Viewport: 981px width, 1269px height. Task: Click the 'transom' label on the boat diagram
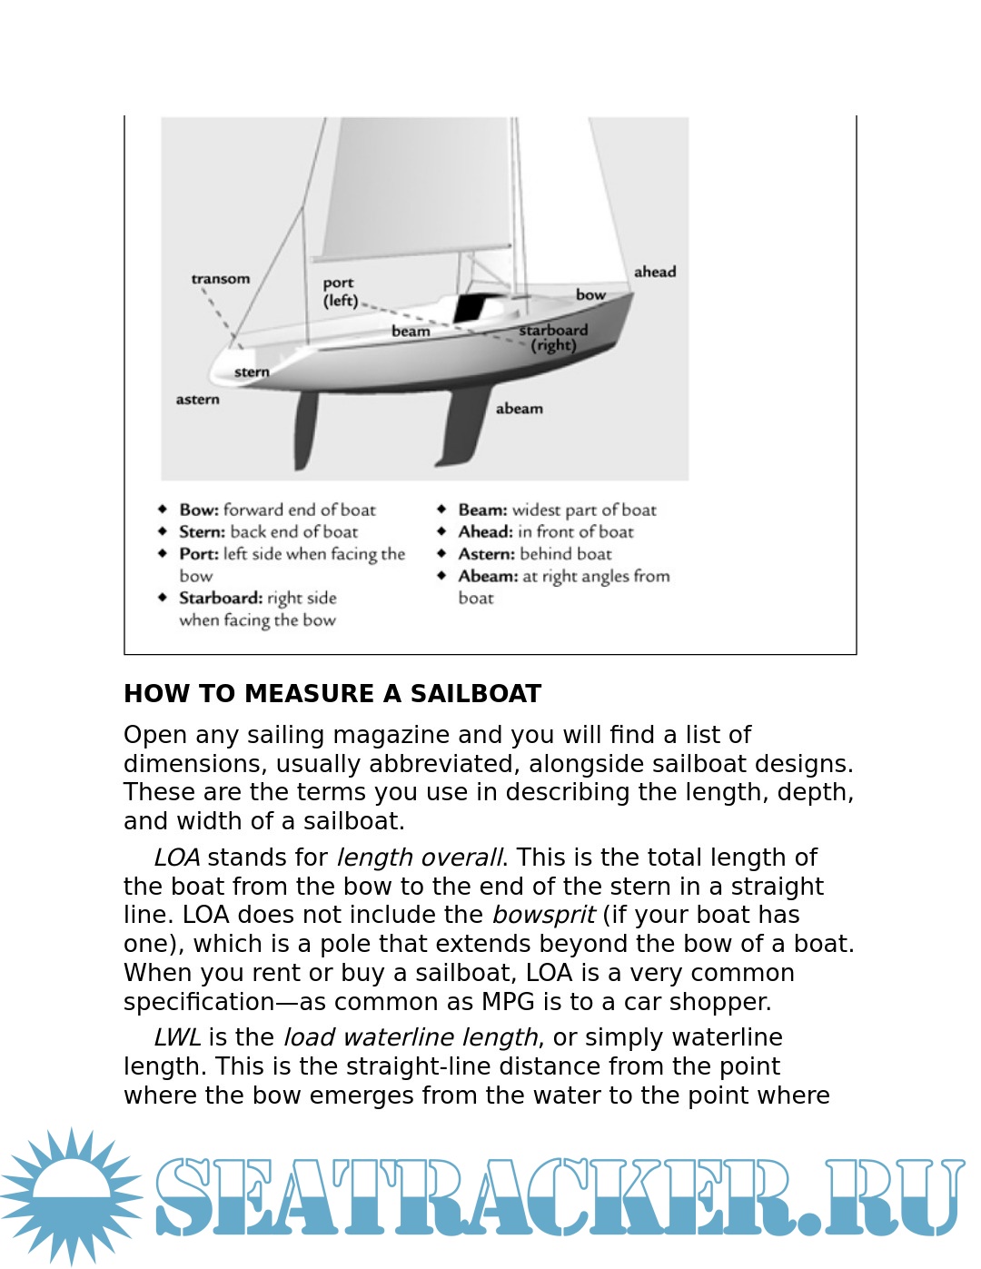[x=220, y=279]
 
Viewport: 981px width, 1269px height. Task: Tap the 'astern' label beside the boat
[x=197, y=400]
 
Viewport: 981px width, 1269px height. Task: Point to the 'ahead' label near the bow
[x=655, y=272]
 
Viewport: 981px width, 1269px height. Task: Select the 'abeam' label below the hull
[x=520, y=409]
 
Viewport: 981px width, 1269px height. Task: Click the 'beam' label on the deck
[x=411, y=332]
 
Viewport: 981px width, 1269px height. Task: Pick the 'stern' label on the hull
[x=252, y=372]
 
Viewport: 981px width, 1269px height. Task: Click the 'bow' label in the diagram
[x=590, y=294]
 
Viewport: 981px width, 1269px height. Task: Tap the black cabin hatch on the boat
[x=470, y=309]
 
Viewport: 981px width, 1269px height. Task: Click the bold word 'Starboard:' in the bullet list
[x=221, y=598]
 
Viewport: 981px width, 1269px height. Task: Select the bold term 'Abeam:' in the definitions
[x=488, y=576]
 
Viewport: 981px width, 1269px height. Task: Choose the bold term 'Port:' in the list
[x=199, y=554]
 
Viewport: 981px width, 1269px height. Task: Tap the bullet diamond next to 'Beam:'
[x=441, y=510]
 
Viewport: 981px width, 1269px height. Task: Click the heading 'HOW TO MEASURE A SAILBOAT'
[x=332, y=694]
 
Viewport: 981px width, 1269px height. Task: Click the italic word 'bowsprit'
[x=543, y=915]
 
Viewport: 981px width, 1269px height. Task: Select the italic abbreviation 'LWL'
[x=177, y=1037]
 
